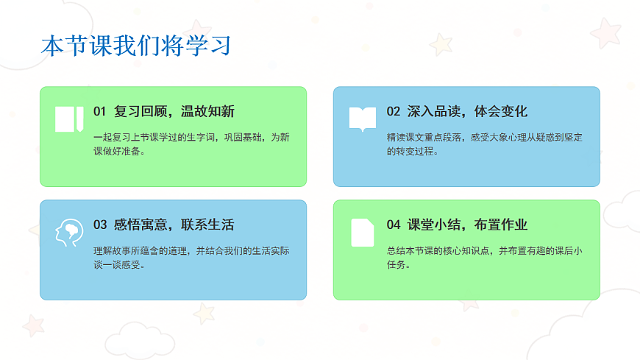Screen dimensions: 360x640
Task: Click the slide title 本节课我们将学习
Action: tap(135, 46)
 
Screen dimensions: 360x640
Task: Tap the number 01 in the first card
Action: tap(100, 112)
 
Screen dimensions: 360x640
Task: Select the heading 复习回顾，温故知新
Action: tap(174, 112)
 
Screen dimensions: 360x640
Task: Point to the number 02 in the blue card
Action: tap(394, 112)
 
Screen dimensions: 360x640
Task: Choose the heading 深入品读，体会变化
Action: tap(467, 112)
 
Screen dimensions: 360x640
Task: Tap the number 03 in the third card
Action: tap(100, 225)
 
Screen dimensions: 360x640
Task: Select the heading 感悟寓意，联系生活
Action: tap(174, 225)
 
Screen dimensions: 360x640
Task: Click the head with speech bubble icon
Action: tap(68, 233)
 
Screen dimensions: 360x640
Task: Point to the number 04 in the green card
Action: tap(394, 225)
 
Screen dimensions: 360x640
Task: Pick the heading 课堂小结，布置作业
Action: tap(467, 225)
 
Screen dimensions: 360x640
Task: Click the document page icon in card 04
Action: tap(362, 233)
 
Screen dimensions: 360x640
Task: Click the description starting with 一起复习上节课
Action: tap(191, 144)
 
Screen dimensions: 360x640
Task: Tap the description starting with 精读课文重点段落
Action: tap(484, 144)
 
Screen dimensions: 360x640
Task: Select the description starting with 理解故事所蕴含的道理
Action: tap(191, 258)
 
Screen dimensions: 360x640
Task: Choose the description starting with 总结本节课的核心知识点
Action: tap(484, 258)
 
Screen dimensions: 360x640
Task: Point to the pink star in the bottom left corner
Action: tap(32, 324)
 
